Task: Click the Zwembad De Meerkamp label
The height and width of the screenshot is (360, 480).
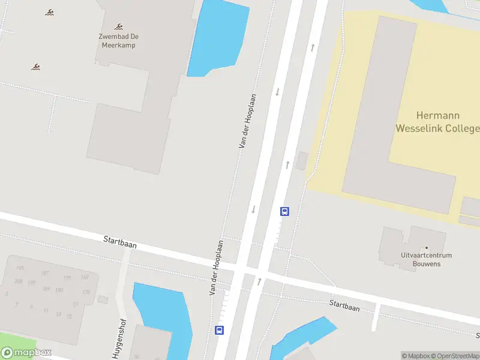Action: [x=119, y=40]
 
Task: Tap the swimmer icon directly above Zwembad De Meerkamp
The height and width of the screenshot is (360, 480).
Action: [x=119, y=26]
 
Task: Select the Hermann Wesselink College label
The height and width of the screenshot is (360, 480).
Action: [x=437, y=121]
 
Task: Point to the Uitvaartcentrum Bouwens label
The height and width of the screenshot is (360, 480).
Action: [x=427, y=259]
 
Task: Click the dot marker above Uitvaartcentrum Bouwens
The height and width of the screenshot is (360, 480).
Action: [x=427, y=247]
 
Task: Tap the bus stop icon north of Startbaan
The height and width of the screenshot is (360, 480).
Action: [x=284, y=211]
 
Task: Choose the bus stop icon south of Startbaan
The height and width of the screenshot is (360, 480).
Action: [x=220, y=330]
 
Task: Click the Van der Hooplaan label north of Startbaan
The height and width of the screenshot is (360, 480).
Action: [x=247, y=121]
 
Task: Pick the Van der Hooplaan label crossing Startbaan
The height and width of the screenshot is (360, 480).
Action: [x=217, y=268]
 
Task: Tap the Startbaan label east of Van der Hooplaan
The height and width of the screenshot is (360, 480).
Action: [x=344, y=306]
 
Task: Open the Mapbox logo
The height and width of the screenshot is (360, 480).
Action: [x=26, y=352]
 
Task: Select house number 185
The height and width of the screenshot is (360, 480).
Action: [x=20, y=268]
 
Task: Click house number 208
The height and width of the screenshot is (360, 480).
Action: [x=19, y=281]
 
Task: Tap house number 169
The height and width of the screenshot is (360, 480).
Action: [x=85, y=277]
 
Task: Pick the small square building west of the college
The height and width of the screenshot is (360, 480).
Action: [x=302, y=161]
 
